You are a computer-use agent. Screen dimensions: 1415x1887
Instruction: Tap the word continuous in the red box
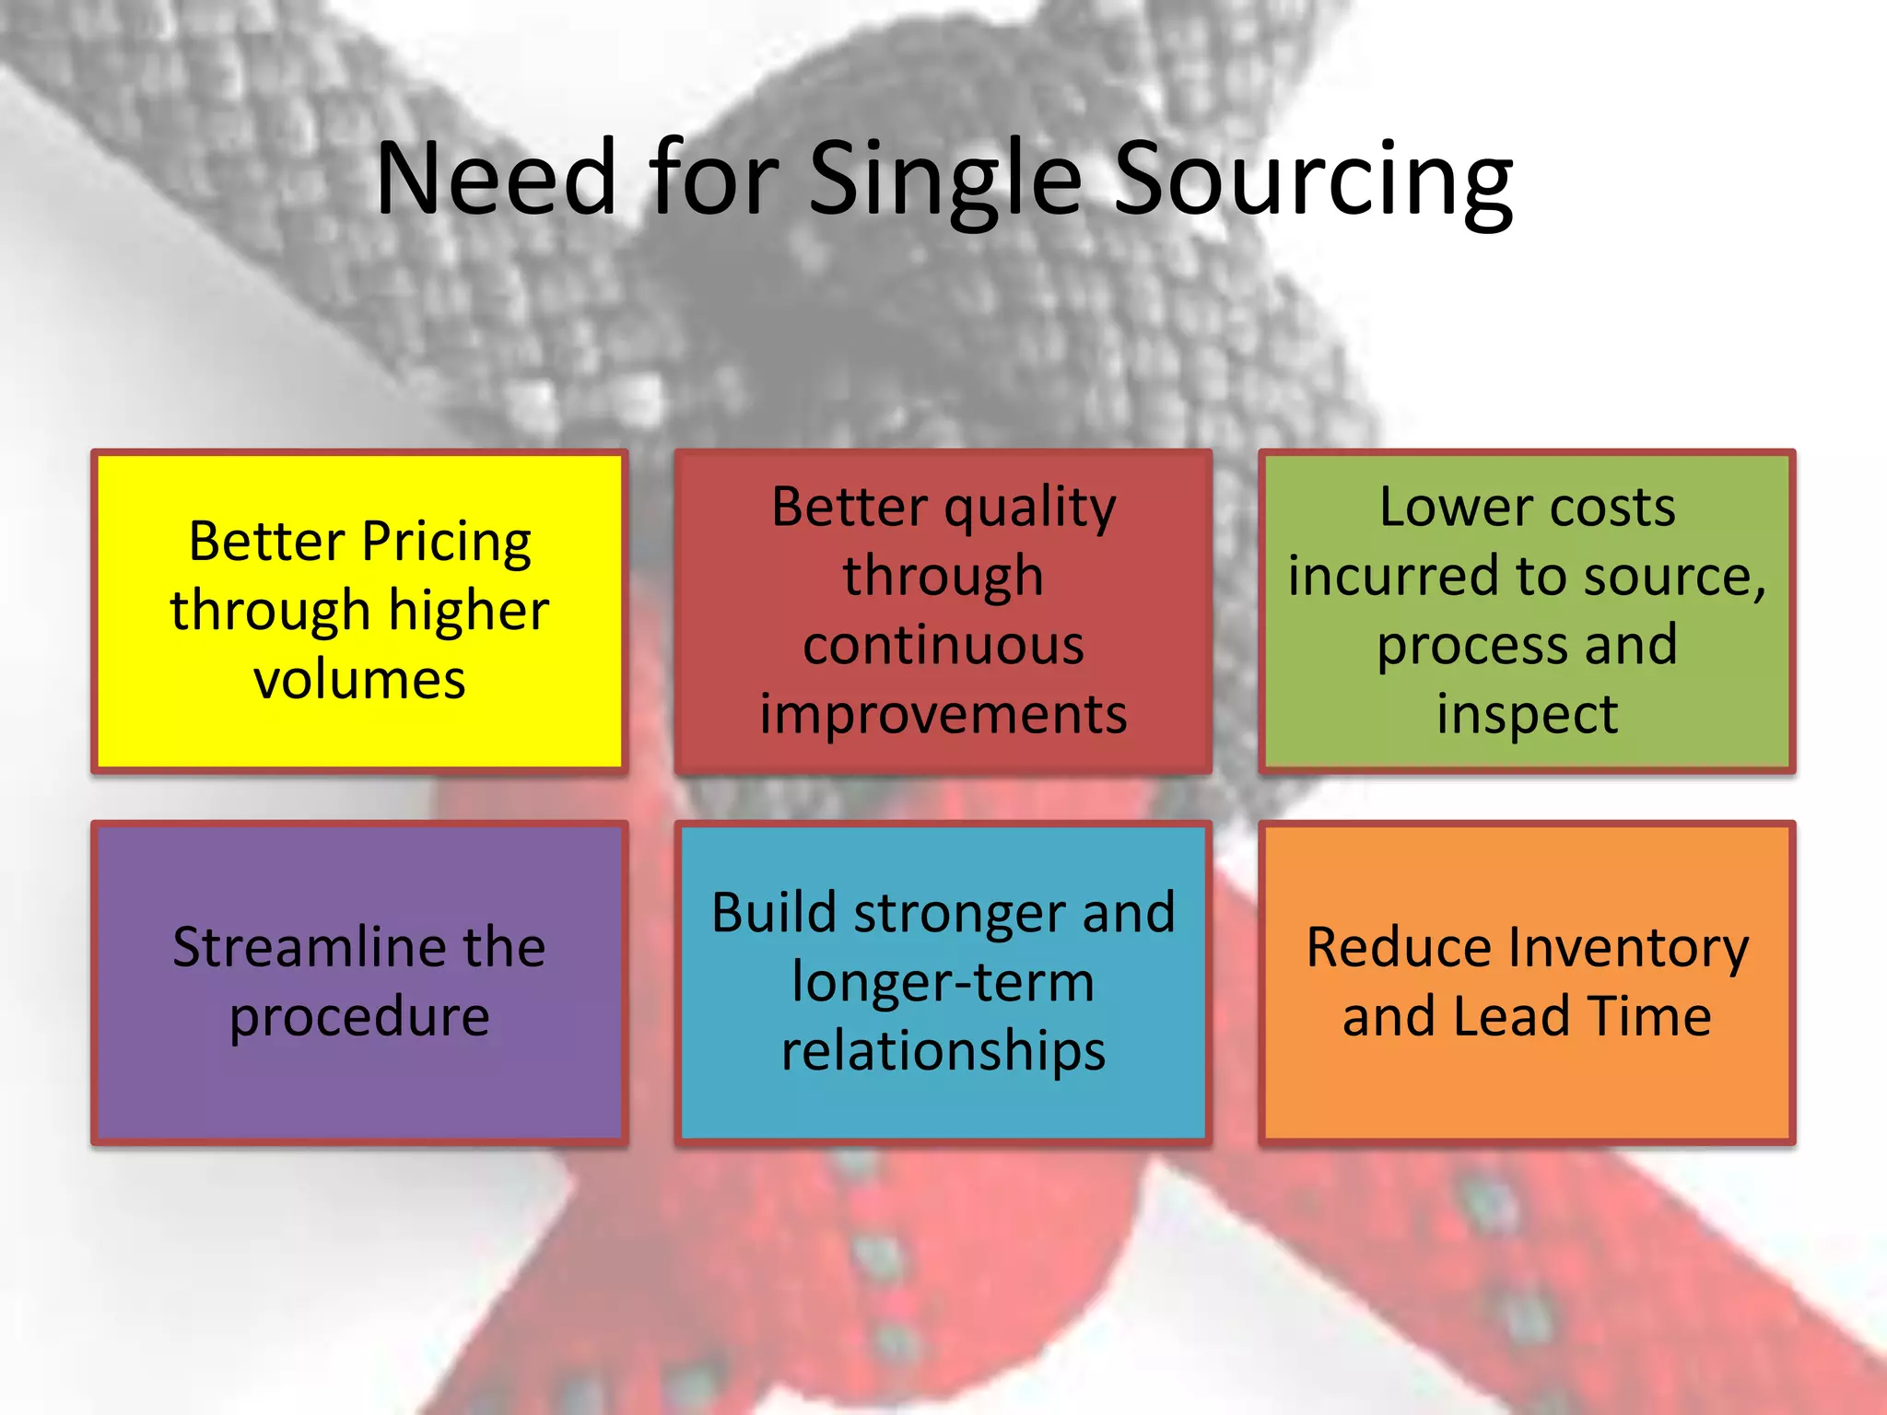pyautogui.click(x=943, y=645)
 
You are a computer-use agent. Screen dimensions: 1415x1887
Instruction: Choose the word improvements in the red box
pyautogui.click(x=943, y=715)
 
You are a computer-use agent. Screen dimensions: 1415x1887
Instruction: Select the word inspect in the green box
pyautogui.click(x=1527, y=715)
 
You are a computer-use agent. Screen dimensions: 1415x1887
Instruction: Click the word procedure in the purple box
pyautogui.click(x=359, y=1017)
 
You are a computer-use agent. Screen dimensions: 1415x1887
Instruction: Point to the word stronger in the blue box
pyautogui.click(x=958, y=914)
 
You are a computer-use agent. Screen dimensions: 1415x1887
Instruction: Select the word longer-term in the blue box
pyautogui.click(x=943, y=982)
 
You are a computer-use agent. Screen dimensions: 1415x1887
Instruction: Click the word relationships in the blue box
pyautogui.click(x=943, y=1051)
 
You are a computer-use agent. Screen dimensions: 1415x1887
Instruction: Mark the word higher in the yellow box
pyautogui.click(x=468, y=611)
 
